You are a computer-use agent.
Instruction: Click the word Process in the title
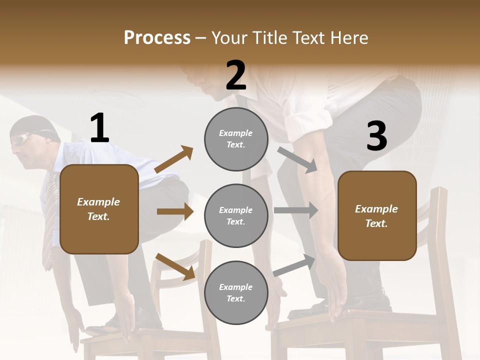157,37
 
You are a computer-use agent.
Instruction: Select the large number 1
99,128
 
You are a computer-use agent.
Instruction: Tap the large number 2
236,75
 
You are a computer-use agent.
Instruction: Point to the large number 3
376,136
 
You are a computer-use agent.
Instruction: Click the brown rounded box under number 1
99,209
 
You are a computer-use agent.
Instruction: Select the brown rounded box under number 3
377,215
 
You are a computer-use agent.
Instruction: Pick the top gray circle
236,138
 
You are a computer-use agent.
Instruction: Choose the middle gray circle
236,215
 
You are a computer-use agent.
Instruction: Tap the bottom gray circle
236,292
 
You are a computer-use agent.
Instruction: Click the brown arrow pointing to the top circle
173,159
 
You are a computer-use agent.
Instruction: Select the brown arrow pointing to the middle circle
175,211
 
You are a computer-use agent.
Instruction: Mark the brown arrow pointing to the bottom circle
175,266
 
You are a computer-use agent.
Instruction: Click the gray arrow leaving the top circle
298,160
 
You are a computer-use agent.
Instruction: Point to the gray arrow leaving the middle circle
296,210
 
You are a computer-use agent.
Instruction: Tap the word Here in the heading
350,37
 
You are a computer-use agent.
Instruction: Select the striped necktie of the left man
49,220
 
